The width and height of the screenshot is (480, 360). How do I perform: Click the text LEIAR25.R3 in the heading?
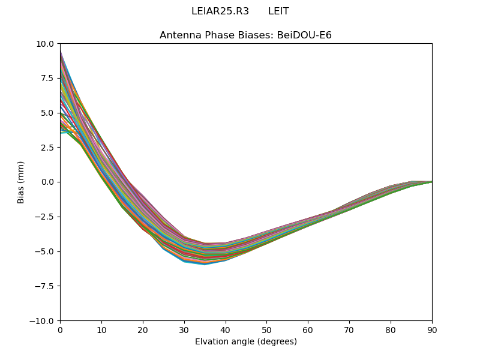[x=220, y=11]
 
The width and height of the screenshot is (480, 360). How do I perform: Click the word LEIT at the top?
[x=278, y=11]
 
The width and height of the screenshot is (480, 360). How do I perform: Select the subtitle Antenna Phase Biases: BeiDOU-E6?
[x=245, y=35]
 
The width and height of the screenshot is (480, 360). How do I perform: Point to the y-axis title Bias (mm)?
[x=21, y=182]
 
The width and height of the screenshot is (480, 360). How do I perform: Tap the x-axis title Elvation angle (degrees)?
[x=245, y=342]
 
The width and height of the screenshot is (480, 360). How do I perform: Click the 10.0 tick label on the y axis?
[x=46, y=44]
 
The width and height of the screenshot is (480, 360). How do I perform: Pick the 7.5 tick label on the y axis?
[x=48, y=78]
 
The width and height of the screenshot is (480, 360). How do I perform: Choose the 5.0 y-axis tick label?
[x=48, y=113]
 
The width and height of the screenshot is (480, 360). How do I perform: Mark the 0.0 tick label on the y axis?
[x=48, y=182]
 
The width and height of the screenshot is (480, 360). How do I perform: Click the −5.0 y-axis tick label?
[x=45, y=251]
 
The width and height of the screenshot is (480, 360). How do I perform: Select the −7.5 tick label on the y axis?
[x=45, y=286]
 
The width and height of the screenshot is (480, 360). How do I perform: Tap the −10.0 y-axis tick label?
[x=43, y=321]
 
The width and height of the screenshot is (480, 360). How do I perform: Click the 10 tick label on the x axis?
[x=101, y=330]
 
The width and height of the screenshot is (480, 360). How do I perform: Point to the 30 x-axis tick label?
[x=184, y=330]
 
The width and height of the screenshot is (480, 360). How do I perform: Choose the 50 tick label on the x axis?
[x=266, y=330]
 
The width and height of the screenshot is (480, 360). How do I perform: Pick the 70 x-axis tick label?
[x=349, y=330]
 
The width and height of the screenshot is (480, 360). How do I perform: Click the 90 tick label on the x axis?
[x=431, y=330]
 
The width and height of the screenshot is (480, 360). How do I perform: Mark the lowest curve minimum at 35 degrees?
[x=205, y=264]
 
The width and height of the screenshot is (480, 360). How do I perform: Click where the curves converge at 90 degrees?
[x=431, y=182]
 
